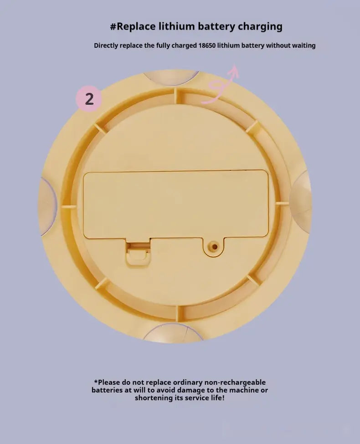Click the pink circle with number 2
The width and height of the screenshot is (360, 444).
[89, 99]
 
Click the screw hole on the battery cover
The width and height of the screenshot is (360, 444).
[215, 247]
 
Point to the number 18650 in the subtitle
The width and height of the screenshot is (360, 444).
[206, 45]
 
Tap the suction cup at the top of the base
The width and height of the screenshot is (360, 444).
[171, 77]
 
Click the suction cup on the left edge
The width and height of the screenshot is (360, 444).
[48, 207]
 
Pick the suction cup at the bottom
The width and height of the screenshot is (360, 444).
[173, 333]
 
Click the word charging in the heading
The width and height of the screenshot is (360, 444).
[260, 26]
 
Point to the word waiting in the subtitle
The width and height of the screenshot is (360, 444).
[305, 46]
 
